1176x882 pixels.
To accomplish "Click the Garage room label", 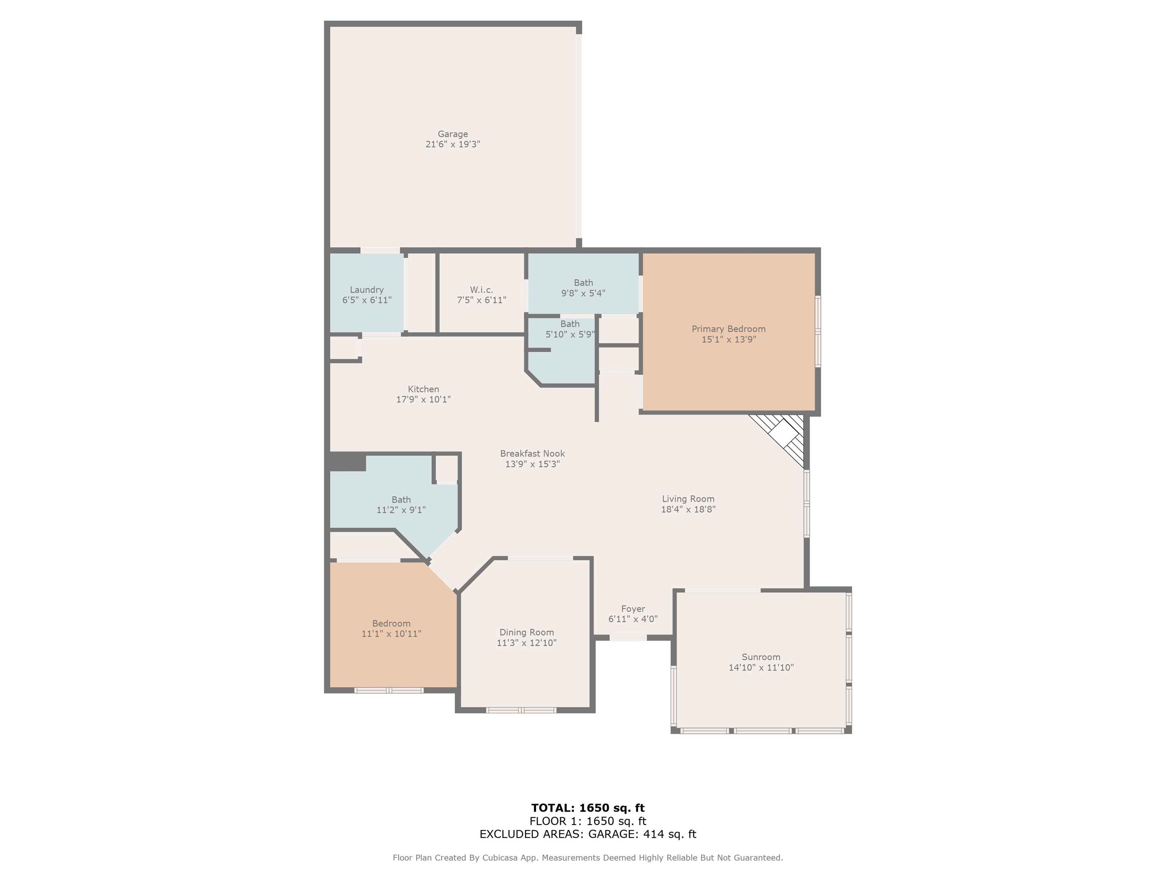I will [452, 134].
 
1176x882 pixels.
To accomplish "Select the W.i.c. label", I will [481, 290].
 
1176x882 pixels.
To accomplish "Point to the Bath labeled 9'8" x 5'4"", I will [583, 287].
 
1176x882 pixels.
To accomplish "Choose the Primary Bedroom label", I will [728, 329].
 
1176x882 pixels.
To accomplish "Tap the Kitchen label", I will [423, 389].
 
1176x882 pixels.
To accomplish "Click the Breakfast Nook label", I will [532, 454].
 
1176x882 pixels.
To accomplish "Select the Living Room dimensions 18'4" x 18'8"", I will [688, 509].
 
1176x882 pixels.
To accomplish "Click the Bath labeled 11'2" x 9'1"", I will [401, 505].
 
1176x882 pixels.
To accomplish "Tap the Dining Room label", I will [526, 632].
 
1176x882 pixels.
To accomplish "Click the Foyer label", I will [633, 609].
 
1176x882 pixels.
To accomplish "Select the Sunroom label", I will [761, 657].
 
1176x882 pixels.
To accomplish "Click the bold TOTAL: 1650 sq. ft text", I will [588, 808].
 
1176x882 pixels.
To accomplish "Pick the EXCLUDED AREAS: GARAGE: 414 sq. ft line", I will [588, 834].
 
